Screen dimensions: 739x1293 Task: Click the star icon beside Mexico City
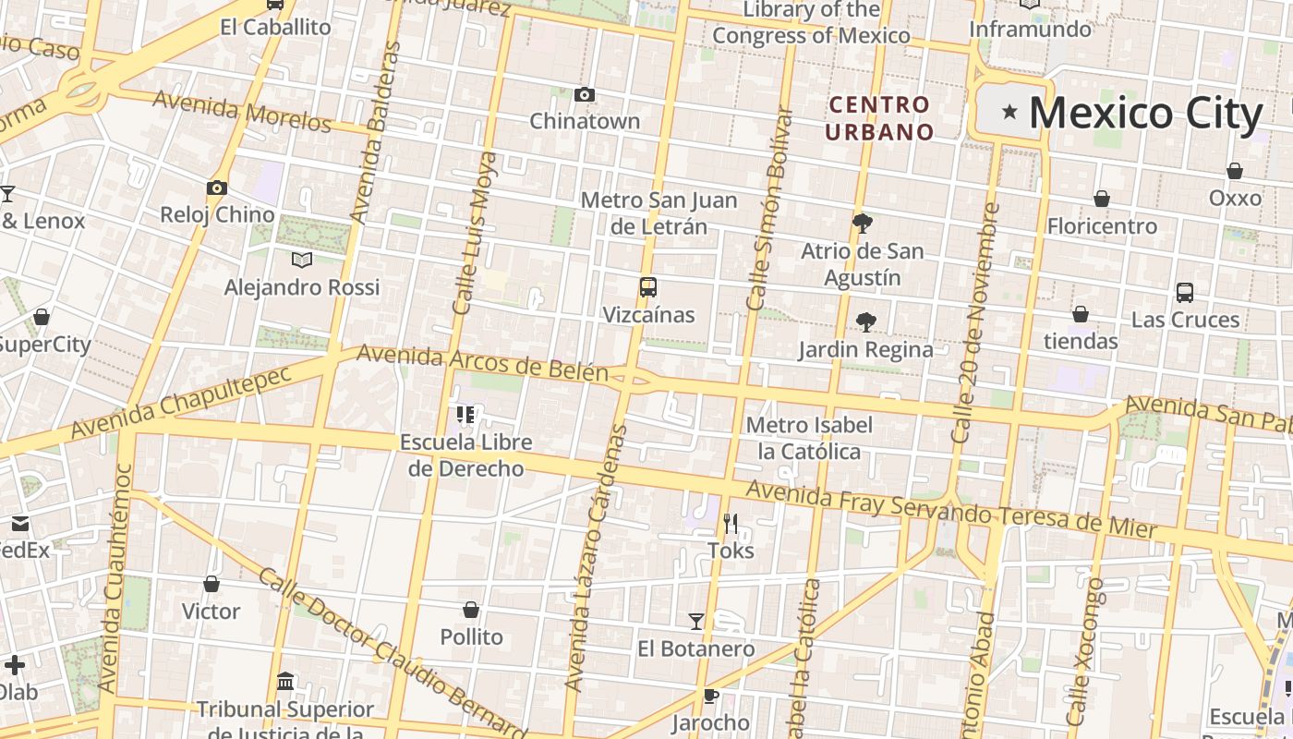point(1009,113)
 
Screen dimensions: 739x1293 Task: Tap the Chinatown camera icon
point(584,94)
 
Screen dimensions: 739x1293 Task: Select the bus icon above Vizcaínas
point(647,287)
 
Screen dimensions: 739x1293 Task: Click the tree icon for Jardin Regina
point(865,321)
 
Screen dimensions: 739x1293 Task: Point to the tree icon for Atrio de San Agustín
point(862,223)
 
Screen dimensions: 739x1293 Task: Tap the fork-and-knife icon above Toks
point(731,524)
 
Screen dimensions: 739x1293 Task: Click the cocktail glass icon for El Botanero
point(696,622)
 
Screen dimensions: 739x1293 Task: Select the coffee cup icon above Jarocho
point(709,696)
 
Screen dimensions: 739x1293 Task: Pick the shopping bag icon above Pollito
point(471,610)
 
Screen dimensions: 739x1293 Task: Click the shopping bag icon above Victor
point(211,584)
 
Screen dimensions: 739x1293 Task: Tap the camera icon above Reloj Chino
point(216,188)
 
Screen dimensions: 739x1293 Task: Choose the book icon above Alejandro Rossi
point(301,260)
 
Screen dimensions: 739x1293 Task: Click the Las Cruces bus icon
point(1185,293)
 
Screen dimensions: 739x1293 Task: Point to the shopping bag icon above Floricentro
point(1101,199)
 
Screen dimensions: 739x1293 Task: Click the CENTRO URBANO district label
point(879,118)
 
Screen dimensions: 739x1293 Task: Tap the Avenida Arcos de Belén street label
point(482,363)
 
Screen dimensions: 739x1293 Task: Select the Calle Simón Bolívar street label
point(769,208)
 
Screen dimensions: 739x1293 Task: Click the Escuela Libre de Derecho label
point(466,454)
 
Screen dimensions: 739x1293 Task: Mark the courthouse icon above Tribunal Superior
point(286,682)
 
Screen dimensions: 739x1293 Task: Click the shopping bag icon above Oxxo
point(1235,171)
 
